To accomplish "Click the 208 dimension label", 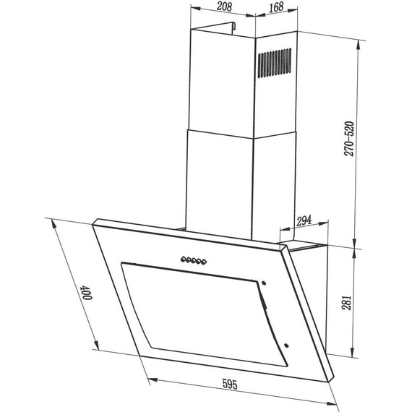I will (x=224, y=7).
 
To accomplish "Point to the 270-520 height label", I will (x=350, y=139).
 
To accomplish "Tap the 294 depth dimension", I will (x=303, y=219).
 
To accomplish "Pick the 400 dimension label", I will (x=86, y=292).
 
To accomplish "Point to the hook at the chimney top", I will (x=234, y=27).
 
